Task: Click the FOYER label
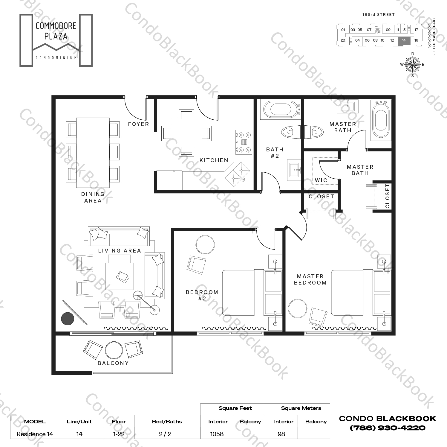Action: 138,124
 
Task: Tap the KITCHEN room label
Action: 214,160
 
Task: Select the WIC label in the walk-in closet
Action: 321,180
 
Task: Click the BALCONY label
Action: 113,363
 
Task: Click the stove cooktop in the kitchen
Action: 244,142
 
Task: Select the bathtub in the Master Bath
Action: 381,120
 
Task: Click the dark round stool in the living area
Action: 68,318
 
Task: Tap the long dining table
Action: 93,153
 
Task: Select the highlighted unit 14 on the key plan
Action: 404,40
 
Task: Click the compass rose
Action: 412,64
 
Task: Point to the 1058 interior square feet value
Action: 217,434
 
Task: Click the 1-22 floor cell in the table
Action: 119,434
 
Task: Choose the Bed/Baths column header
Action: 167,422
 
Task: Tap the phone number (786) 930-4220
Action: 387,428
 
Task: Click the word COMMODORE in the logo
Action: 56,26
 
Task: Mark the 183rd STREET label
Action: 379,14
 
